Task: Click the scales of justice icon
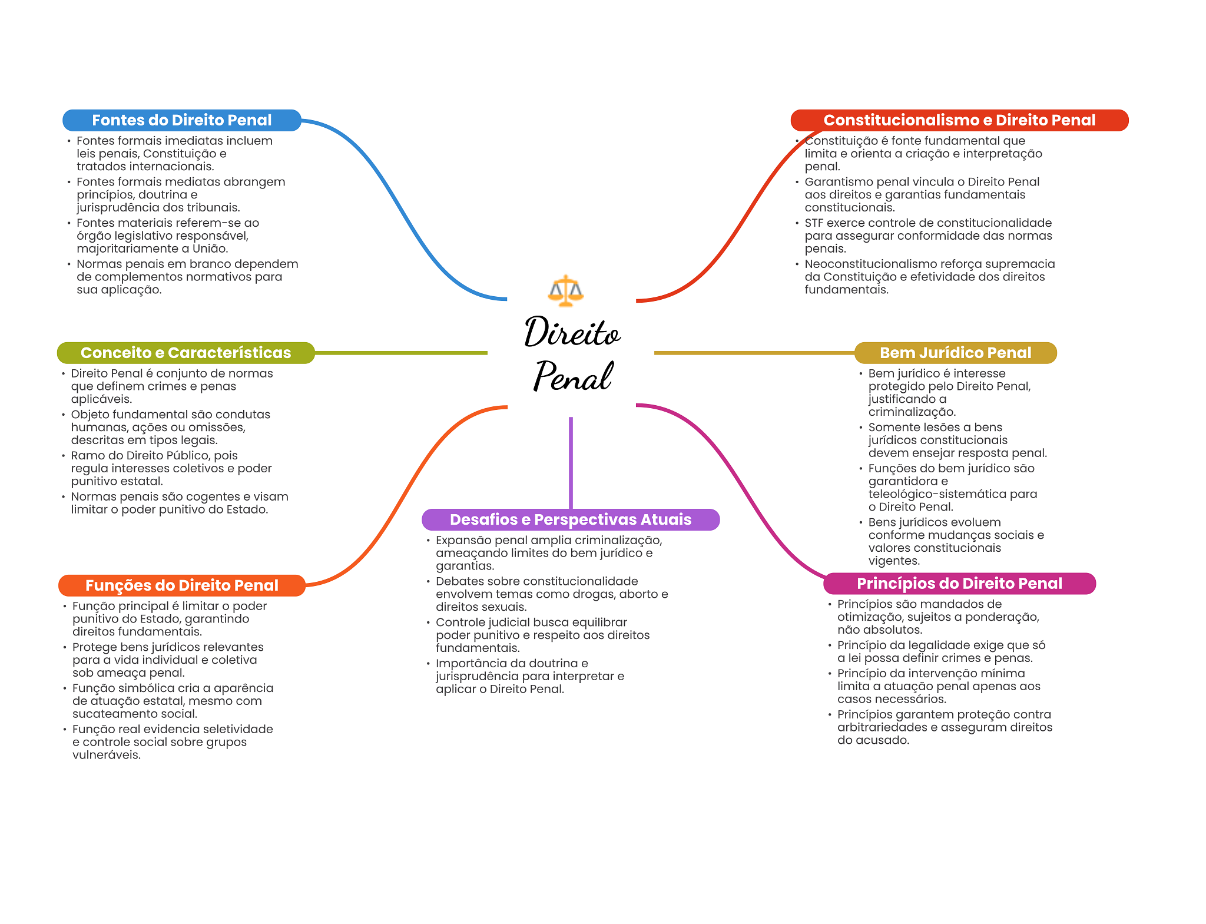[565, 290]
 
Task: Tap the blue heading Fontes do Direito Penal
[182, 120]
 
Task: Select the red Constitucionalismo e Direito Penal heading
[959, 120]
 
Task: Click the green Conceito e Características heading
[186, 353]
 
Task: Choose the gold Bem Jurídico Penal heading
[956, 353]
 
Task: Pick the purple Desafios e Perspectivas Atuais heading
[571, 519]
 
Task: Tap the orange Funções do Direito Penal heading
[182, 585]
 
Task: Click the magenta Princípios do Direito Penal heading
[960, 584]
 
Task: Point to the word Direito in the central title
[572, 332]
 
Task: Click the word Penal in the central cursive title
[574, 376]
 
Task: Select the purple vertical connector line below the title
[571, 463]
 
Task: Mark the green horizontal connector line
[401, 353]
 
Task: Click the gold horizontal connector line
[754, 353]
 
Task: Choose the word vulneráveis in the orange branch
[107, 755]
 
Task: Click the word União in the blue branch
[210, 249]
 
